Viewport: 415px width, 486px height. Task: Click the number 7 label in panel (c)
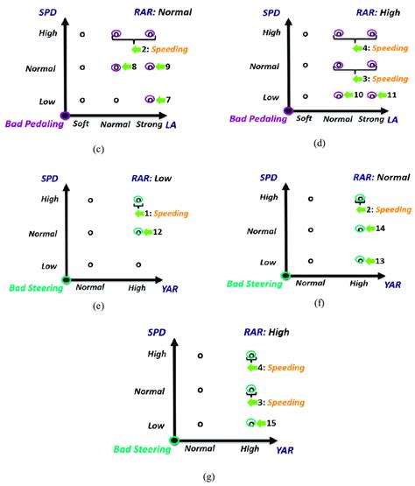(167, 101)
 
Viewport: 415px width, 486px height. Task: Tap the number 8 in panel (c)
(134, 67)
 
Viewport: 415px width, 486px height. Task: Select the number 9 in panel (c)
(167, 67)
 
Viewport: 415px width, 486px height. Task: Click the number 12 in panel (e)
(158, 232)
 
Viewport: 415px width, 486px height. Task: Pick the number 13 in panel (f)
(380, 261)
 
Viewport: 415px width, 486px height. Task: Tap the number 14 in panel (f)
(380, 229)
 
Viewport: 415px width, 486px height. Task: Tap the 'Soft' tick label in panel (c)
(81, 125)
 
